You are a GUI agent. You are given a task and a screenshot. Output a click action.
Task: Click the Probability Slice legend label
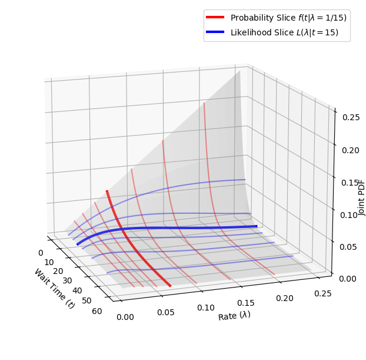point(288,18)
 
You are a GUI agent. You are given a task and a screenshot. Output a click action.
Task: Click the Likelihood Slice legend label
point(284,33)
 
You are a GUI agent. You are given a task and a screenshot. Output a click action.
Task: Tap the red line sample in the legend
point(216,18)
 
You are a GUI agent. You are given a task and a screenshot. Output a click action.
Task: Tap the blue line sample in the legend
point(216,33)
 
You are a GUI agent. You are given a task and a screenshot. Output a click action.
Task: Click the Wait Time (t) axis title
point(54,288)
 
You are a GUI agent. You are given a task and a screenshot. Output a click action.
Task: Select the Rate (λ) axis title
point(234,316)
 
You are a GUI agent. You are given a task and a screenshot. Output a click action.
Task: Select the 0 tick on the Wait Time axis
point(41,253)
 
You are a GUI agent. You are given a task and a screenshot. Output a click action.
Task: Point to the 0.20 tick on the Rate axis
point(285,298)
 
